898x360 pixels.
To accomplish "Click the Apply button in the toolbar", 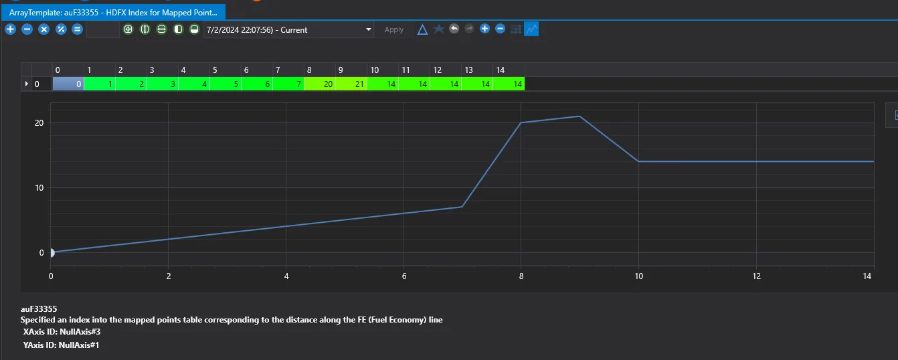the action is click(393, 29).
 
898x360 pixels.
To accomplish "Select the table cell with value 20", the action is click(320, 84).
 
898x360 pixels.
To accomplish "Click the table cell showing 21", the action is click(351, 84).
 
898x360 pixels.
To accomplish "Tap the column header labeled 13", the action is click(468, 70).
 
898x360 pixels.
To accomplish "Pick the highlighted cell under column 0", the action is click(68, 84).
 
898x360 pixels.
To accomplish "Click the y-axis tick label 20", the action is click(39, 123).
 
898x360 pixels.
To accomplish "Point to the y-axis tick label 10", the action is click(39, 188).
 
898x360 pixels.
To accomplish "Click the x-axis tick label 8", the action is click(521, 276).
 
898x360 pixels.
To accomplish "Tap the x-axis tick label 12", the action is click(757, 276).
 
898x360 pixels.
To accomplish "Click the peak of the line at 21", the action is click(579, 116).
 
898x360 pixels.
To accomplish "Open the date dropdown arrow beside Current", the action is click(369, 29).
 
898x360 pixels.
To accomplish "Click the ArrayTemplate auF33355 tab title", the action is click(113, 13).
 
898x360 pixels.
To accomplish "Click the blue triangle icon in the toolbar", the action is click(422, 29).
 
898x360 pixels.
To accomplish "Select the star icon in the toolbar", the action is click(439, 29).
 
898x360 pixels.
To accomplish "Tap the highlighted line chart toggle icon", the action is click(531, 29).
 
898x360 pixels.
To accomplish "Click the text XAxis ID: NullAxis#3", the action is click(62, 332).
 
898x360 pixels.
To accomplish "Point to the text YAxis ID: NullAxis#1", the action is click(61, 345).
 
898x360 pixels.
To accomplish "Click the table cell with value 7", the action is click(288, 84).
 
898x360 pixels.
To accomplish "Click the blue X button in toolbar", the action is click(43, 29).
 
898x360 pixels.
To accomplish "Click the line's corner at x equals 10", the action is click(638, 161).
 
